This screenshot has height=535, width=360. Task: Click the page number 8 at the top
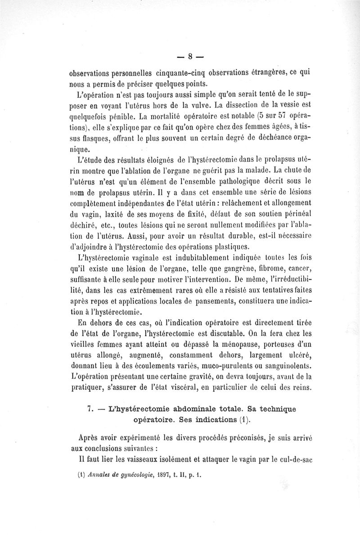tap(190, 56)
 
